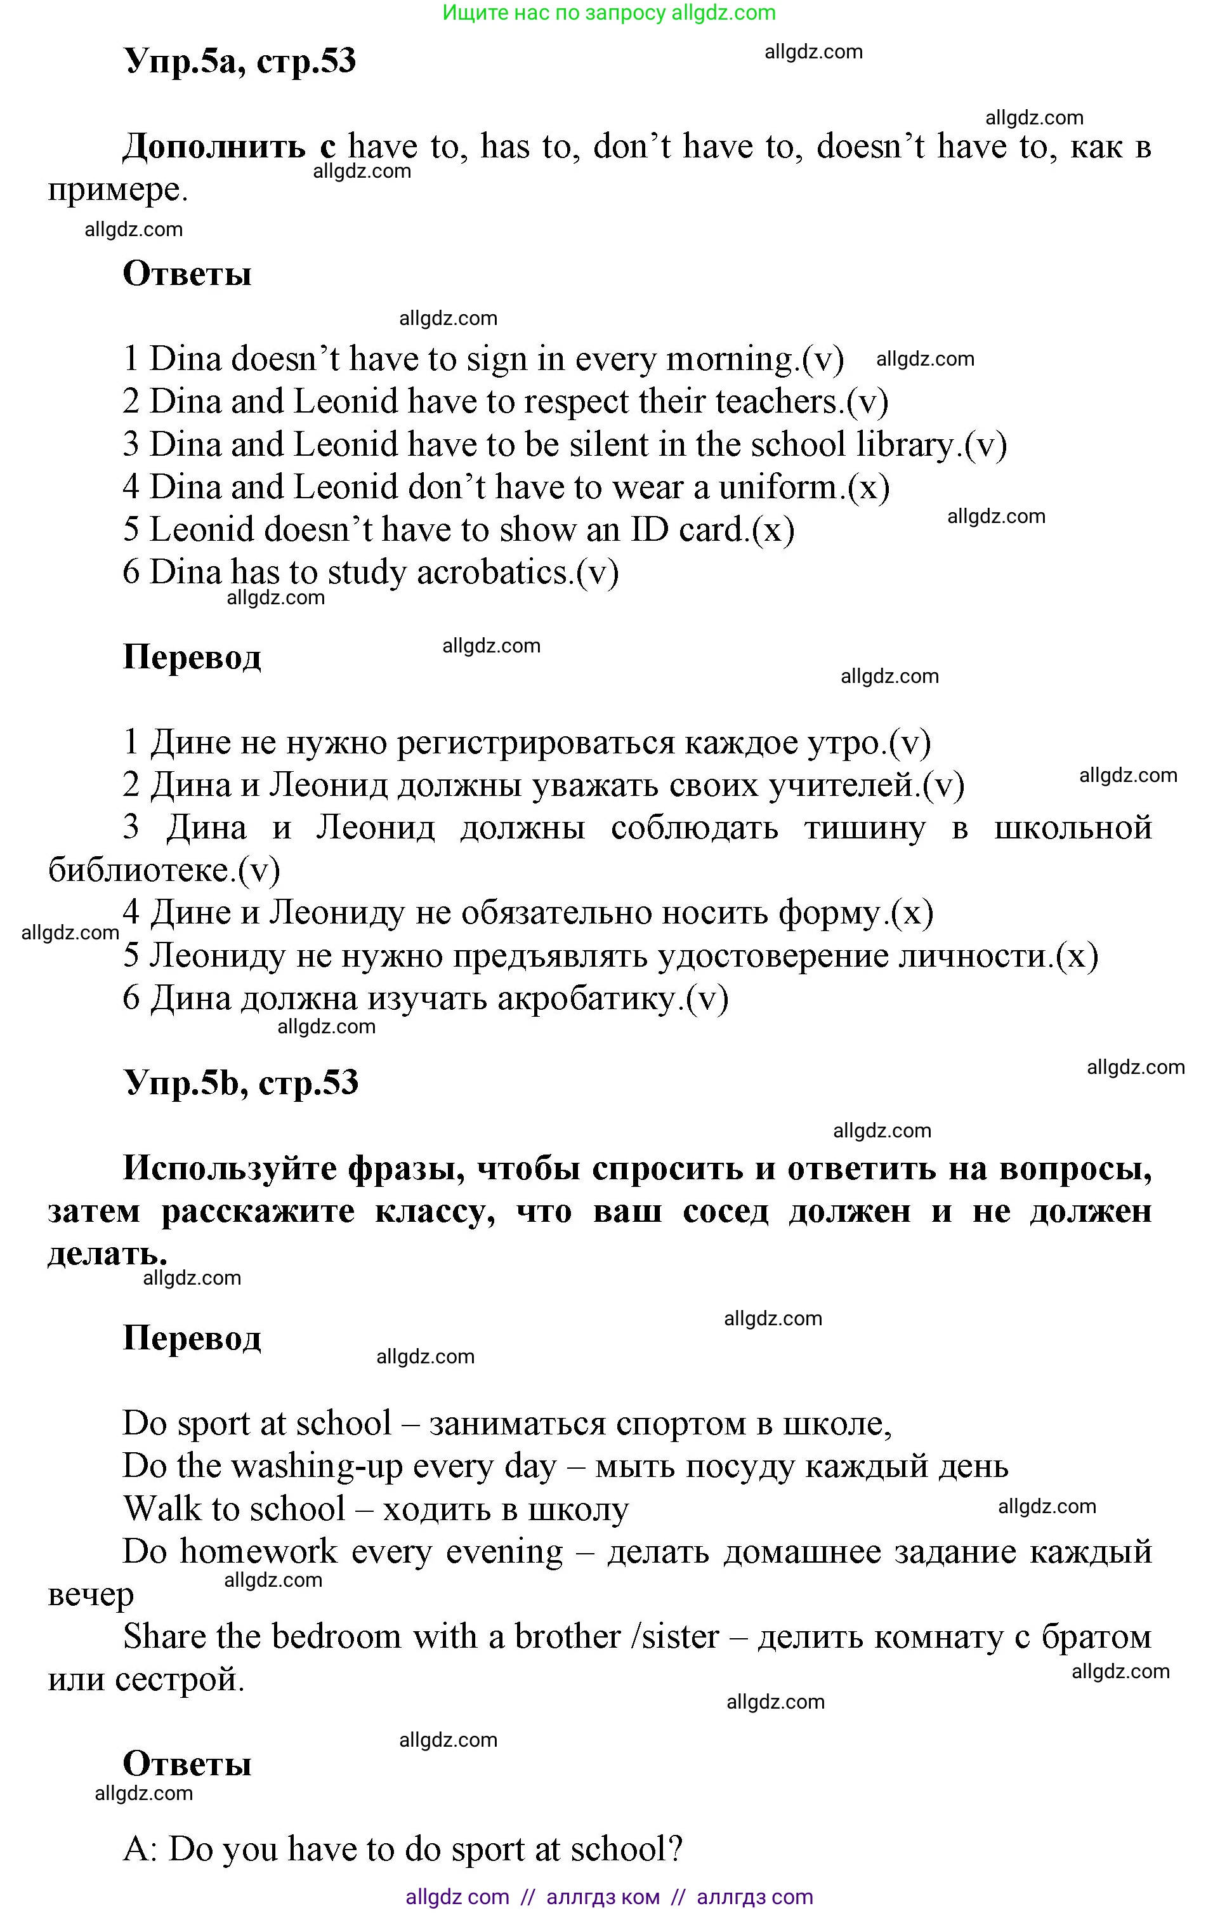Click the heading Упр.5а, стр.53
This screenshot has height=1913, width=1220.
(x=240, y=61)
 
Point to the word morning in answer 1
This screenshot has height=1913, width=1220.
(x=732, y=360)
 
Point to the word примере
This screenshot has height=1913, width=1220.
(x=117, y=190)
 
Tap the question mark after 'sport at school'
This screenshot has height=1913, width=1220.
(x=674, y=1850)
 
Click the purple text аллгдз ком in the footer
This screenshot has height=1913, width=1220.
(x=603, y=1897)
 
